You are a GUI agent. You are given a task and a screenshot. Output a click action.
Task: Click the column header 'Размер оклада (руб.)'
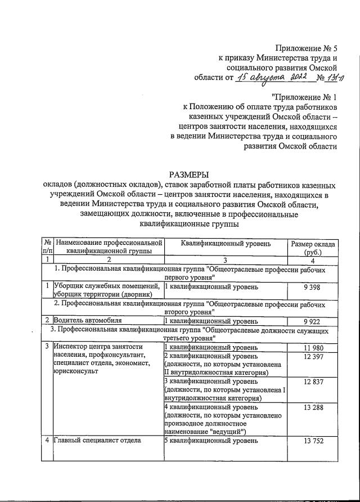coord(313,248)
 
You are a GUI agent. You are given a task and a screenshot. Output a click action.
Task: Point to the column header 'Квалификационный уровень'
coord(226,244)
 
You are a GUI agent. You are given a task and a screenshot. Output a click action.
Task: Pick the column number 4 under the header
coord(313,259)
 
